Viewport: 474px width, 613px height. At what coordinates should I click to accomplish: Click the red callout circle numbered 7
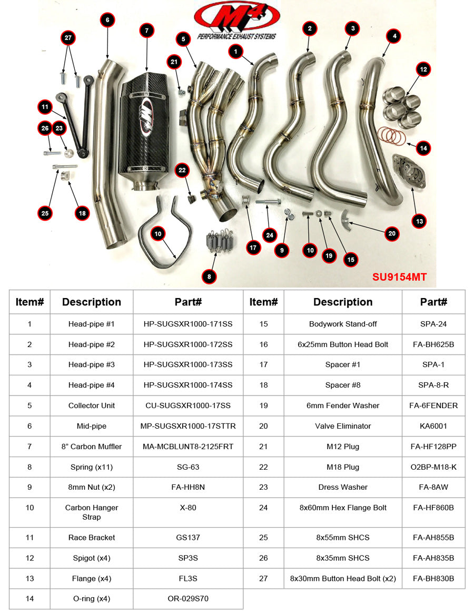click(x=146, y=31)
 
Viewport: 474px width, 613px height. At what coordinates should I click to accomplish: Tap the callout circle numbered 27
click(x=68, y=38)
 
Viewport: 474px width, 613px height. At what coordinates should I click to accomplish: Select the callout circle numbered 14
click(x=423, y=149)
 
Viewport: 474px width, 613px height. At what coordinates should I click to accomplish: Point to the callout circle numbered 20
click(x=392, y=233)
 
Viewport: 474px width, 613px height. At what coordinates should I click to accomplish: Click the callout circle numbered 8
click(x=209, y=276)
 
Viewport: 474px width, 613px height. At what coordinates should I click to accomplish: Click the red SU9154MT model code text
click(x=399, y=277)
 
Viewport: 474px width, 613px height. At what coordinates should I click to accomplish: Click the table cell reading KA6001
click(x=433, y=426)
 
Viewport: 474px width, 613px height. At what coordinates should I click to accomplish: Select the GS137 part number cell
click(x=188, y=538)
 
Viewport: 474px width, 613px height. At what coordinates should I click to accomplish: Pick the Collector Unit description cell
click(x=92, y=406)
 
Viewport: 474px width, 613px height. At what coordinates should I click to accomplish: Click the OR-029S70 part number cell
click(x=188, y=599)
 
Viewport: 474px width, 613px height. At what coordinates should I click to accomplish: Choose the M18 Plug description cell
click(x=343, y=467)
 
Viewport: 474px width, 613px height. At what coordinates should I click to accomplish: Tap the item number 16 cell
click(x=263, y=344)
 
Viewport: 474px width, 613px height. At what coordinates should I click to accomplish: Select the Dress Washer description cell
click(x=343, y=487)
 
